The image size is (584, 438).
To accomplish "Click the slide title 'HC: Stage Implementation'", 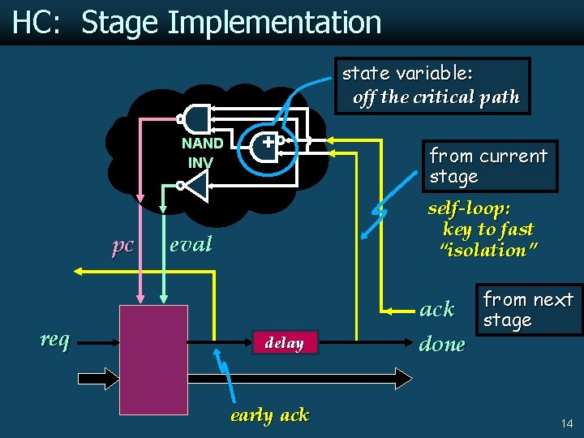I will (196, 23).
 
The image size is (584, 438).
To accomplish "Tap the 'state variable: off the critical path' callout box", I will (430, 85).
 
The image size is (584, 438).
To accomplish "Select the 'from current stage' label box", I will (488, 166).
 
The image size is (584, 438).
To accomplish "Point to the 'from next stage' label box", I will (528, 310).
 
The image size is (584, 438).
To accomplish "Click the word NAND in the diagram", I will (202, 144).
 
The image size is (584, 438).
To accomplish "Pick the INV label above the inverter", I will (200, 162).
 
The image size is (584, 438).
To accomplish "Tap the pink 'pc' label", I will (122, 245).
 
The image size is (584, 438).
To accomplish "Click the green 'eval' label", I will (191, 243).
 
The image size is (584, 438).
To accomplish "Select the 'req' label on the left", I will (54, 338).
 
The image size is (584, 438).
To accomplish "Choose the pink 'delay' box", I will (284, 343).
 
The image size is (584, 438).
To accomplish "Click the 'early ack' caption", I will (269, 415).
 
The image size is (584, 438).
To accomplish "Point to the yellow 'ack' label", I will (436, 309).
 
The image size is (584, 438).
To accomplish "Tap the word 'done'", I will (442, 344).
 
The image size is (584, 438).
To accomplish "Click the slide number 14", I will (565, 423).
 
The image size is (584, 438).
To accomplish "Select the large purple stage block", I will (153, 349).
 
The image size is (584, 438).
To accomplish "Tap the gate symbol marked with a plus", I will (265, 144).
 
